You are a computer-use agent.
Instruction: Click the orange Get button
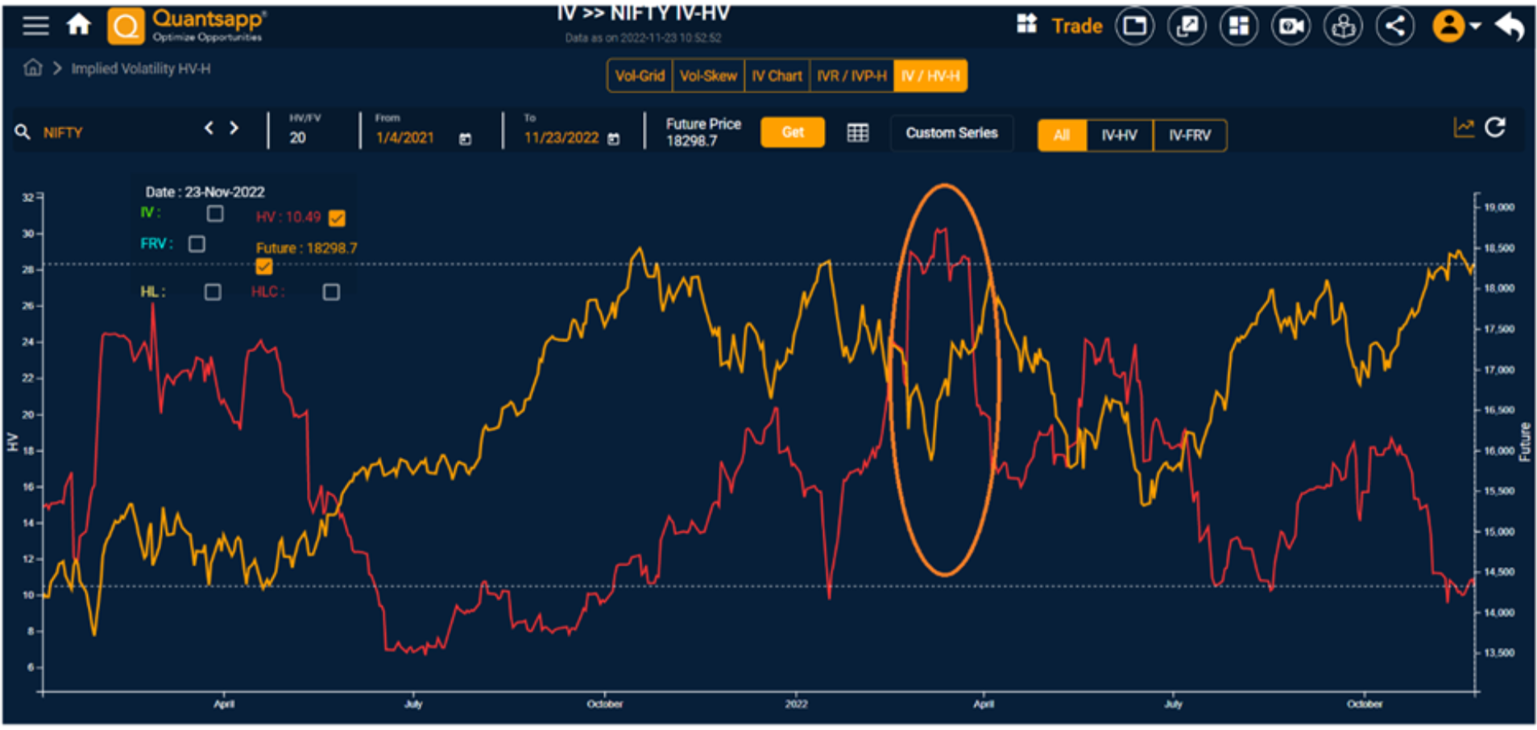[792, 132]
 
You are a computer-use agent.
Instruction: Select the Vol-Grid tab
[640, 76]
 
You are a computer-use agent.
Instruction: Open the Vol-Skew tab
[708, 76]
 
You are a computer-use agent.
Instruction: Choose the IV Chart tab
[777, 76]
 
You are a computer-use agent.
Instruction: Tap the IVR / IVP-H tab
[851, 76]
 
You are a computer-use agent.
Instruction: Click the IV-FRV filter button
[1189, 135]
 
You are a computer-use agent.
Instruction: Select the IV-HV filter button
[1119, 135]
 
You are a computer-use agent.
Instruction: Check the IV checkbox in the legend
[215, 214]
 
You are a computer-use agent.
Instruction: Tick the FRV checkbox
[197, 243]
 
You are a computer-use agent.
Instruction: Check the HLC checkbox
[331, 292]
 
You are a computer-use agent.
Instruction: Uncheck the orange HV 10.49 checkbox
[337, 218]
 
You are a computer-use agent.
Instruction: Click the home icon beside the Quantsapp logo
[79, 25]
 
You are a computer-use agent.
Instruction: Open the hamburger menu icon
[35, 25]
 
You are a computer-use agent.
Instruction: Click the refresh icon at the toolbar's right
[1495, 127]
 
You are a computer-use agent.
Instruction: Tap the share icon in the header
[1395, 27]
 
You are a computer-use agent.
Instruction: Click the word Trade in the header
[1076, 27]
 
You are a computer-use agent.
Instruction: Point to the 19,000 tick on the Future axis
[1498, 207]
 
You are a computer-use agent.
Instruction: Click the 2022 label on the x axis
[796, 704]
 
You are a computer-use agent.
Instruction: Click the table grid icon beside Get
[857, 133]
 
